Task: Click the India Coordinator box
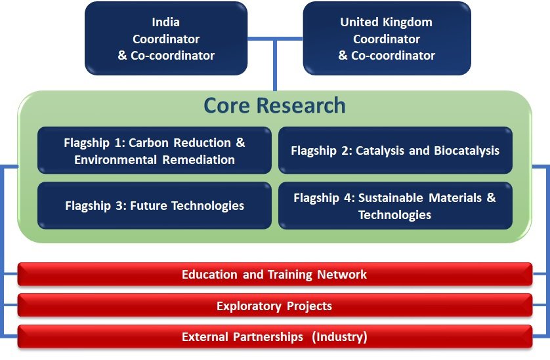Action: tap(166, 38)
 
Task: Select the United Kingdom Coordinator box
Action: tap(387, 38)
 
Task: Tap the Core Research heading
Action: tap(274, 105)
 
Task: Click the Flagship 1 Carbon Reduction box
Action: tap(154, 150)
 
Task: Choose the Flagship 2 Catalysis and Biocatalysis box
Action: tap(395, 150)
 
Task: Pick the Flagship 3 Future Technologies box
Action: tap(154, 205)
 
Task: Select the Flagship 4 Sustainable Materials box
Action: tap(395, 205)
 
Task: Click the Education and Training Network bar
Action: tap(274, 274)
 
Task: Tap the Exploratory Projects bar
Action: tap(274, 306)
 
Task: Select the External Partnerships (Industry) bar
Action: tap(274, 336)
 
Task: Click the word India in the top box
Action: tap(165, 22)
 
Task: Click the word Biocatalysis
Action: tap(467, 150)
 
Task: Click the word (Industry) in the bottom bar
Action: tap(339, 337)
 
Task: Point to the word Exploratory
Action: tap(249, 306)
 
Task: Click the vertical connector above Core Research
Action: tap(274, 65)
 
